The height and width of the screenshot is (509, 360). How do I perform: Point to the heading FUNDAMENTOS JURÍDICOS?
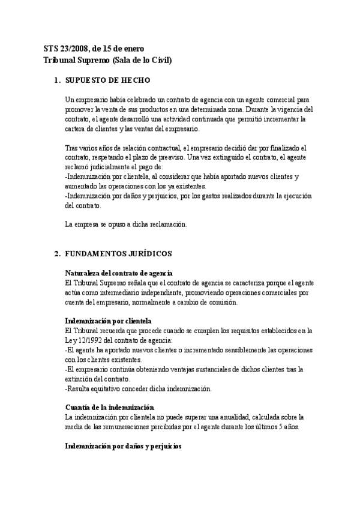[x=119, y=254]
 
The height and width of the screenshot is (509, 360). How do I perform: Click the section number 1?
[x=57, y=80]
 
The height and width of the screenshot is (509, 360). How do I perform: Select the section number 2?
[x=57, y=254]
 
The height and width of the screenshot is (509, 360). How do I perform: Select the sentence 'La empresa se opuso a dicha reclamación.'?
[x=126, y=224]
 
